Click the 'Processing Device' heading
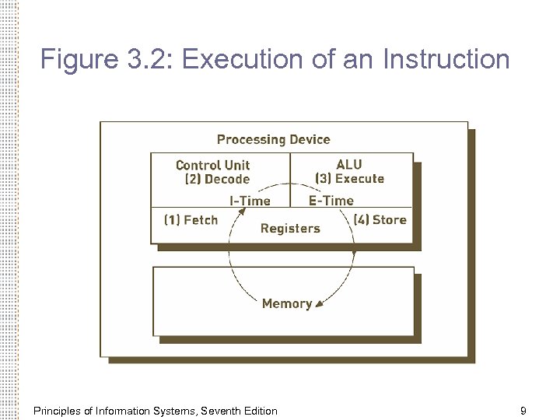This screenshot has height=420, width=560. (273, 140)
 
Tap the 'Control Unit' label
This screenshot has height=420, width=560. (213, 165)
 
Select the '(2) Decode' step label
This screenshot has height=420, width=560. (217, 179)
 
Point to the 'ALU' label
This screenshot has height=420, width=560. (349, 164)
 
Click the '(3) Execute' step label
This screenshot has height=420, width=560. (349, 179)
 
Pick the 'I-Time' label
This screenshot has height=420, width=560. (250, 201)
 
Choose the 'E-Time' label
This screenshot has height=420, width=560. (331, 201)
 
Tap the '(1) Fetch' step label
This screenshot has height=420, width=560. (191, 220)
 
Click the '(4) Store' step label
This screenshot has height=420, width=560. (380, 220)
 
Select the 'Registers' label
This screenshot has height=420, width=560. (290, 229)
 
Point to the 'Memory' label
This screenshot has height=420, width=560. (287, 304)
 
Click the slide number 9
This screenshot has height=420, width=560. (523, 410)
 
